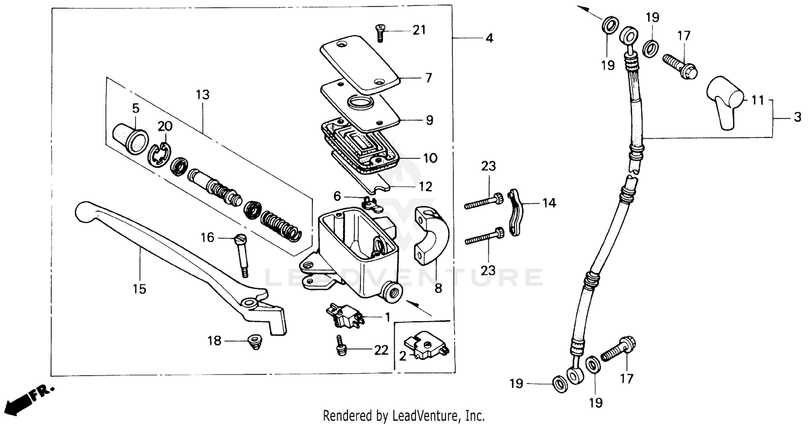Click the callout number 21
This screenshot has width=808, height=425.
tap(419, 30)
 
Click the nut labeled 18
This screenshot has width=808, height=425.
tap(252, 341)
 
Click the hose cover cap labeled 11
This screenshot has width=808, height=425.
tap(725, 101)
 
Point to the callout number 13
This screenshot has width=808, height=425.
tap(203, 95)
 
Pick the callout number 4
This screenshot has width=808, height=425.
tap(489, 38)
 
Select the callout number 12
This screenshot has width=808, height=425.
tap(425, 187)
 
